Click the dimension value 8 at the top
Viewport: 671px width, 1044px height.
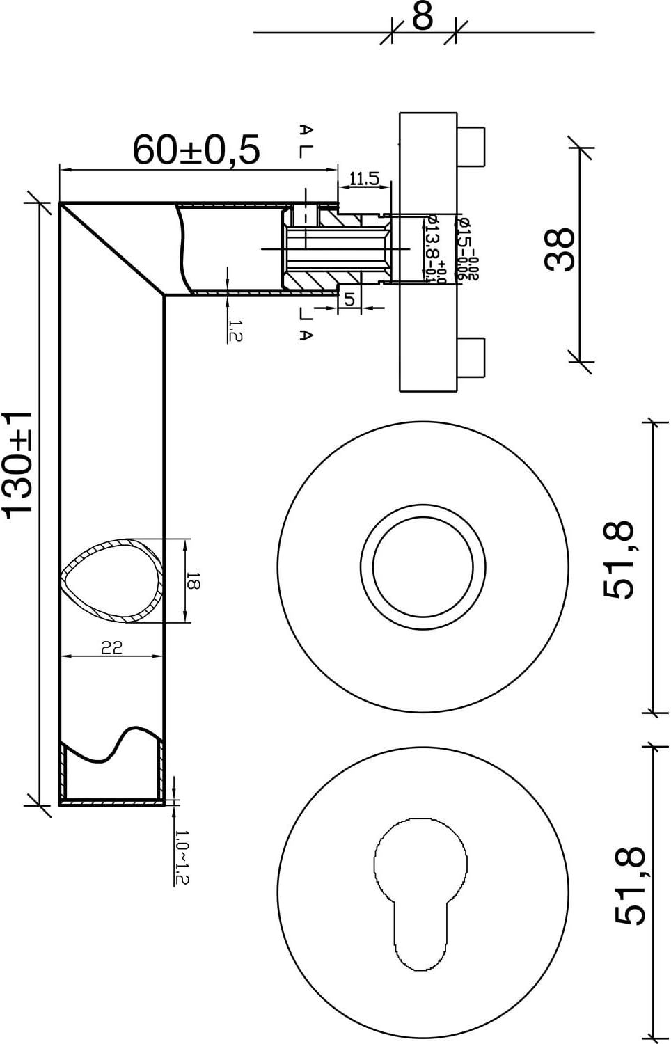tap(423, 17)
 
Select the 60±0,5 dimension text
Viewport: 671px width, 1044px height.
tap(196, 150)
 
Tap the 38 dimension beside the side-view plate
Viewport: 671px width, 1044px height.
tap(561, 249)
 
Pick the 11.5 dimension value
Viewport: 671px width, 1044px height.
tap(363, 179)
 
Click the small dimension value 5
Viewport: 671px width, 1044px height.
tap(349, 299)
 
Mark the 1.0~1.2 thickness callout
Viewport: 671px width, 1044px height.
tap(182, 857)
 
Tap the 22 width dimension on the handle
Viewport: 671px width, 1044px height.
tap(112, 647)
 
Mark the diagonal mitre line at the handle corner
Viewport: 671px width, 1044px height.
tap(112, 249)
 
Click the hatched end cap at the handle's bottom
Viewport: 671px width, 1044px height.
tap(112, 802)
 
